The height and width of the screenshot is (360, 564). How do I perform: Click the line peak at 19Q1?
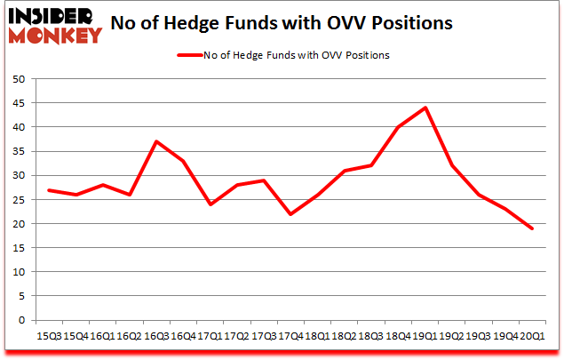pos(425,108)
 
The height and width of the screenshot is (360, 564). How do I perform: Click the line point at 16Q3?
pos(155,141)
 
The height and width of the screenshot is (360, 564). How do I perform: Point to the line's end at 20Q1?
pos(533,228)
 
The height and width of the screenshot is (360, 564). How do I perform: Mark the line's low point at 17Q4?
pos(290,214)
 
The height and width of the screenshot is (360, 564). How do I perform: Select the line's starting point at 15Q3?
pos(48,190)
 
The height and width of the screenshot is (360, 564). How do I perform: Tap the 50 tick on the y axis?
pos(17,79)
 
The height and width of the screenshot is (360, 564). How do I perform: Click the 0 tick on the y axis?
pos(20,321)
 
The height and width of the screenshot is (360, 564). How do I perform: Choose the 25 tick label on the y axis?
pos(17,200)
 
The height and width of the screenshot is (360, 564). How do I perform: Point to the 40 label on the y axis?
pos(17,127)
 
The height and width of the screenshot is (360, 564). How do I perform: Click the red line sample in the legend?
pos(189,55)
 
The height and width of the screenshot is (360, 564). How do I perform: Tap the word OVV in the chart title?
pos(378,21)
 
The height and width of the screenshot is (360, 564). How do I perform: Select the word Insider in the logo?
pos(55,17)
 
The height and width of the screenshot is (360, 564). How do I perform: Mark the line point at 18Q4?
pos(398,127)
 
